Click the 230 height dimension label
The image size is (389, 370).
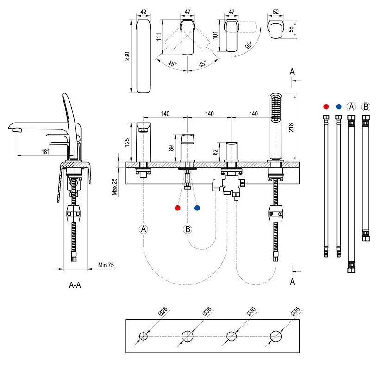coord(127,56)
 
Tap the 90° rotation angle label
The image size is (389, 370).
coord(249,44)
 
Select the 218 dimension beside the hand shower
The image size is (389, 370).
coord(291,127)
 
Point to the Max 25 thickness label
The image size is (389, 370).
coord(114,187)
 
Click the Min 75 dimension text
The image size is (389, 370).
coord(106,265)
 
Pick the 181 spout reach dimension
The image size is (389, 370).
coord(45,151)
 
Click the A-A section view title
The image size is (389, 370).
coord(75,285)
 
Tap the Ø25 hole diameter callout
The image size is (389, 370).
coord(163,311)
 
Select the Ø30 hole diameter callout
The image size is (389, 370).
coord(251,311)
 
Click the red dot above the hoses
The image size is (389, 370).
coord(326,106)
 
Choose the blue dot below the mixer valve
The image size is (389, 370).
coord(197,208)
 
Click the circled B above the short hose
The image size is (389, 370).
coord(365,106)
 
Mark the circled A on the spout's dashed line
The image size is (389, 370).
coord(144,229)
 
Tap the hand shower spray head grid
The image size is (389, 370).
coord(276,108)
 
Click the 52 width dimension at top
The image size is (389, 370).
coord(276,12)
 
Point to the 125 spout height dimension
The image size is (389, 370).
coord(127,142)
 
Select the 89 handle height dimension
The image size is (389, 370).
coord(171,148)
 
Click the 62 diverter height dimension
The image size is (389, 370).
coord(215,152)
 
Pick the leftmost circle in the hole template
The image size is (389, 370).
coord(144,336)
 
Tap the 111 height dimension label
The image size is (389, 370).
coord(159,37)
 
